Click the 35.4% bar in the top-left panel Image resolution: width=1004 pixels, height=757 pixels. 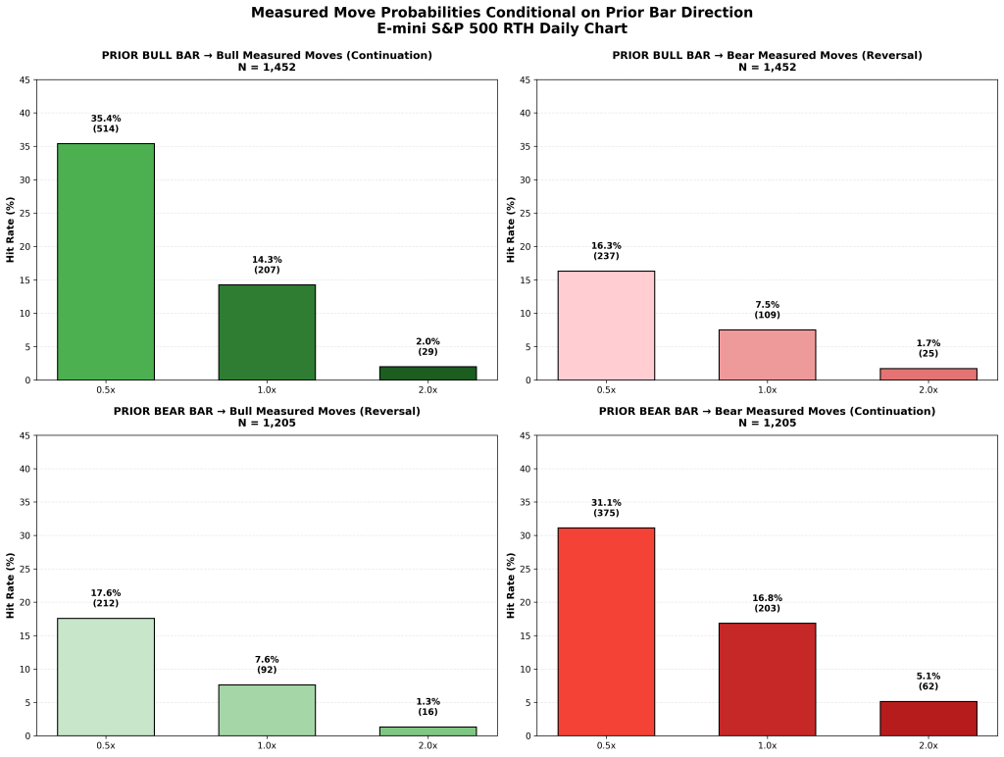pyautogui.click(x=106, y=262)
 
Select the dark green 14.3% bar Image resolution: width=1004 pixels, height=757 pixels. pyautogui.click(x=267, y=332)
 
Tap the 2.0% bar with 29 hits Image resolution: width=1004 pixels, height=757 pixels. pyautogui.click(x=427, y=373)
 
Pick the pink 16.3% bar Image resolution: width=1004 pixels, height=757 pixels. pyautogui.click(x=606, y=326)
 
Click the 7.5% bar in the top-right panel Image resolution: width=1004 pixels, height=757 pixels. pyautogui.click(x=767, y=355)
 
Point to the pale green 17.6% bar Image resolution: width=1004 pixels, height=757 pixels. pyautogui.click(x=106, y=677)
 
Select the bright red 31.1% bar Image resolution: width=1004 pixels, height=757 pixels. pyautogui.click(x=606, y=631)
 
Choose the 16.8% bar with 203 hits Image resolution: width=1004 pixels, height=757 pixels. pyautogui.click(x=767, y=679)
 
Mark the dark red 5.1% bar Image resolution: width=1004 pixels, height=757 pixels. pyautogui.click(x=928, y=718)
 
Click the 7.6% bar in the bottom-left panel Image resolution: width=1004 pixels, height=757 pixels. pyautogui.click(x=267, y=710)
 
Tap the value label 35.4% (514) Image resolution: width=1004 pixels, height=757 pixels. pyautogui.click(x=106, y=124)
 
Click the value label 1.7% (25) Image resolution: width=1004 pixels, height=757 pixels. pyautogui.click(x=928, y=347)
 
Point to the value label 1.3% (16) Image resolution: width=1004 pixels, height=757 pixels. pyautogui.click(x=427, y=706)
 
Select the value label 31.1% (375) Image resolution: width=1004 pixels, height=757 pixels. pyautogui.click(x=606, y=508)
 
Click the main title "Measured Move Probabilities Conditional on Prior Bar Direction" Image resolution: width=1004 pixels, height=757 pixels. pyautogui.click(x=502, y=13)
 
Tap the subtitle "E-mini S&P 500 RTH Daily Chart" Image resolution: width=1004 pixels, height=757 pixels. pyautogui.click(x=502, y=28)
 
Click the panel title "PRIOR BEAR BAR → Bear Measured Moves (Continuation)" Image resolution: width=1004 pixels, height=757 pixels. pyautogui.click(x=767, y=411)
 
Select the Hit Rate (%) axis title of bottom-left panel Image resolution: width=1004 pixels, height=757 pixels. pyautogui.click(x=12, y=585)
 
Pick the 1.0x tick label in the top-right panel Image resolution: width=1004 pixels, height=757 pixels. pyautogui.click(x=767, y=390)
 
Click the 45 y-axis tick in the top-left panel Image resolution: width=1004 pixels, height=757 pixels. pyautogui.click(x=26, y=79)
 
